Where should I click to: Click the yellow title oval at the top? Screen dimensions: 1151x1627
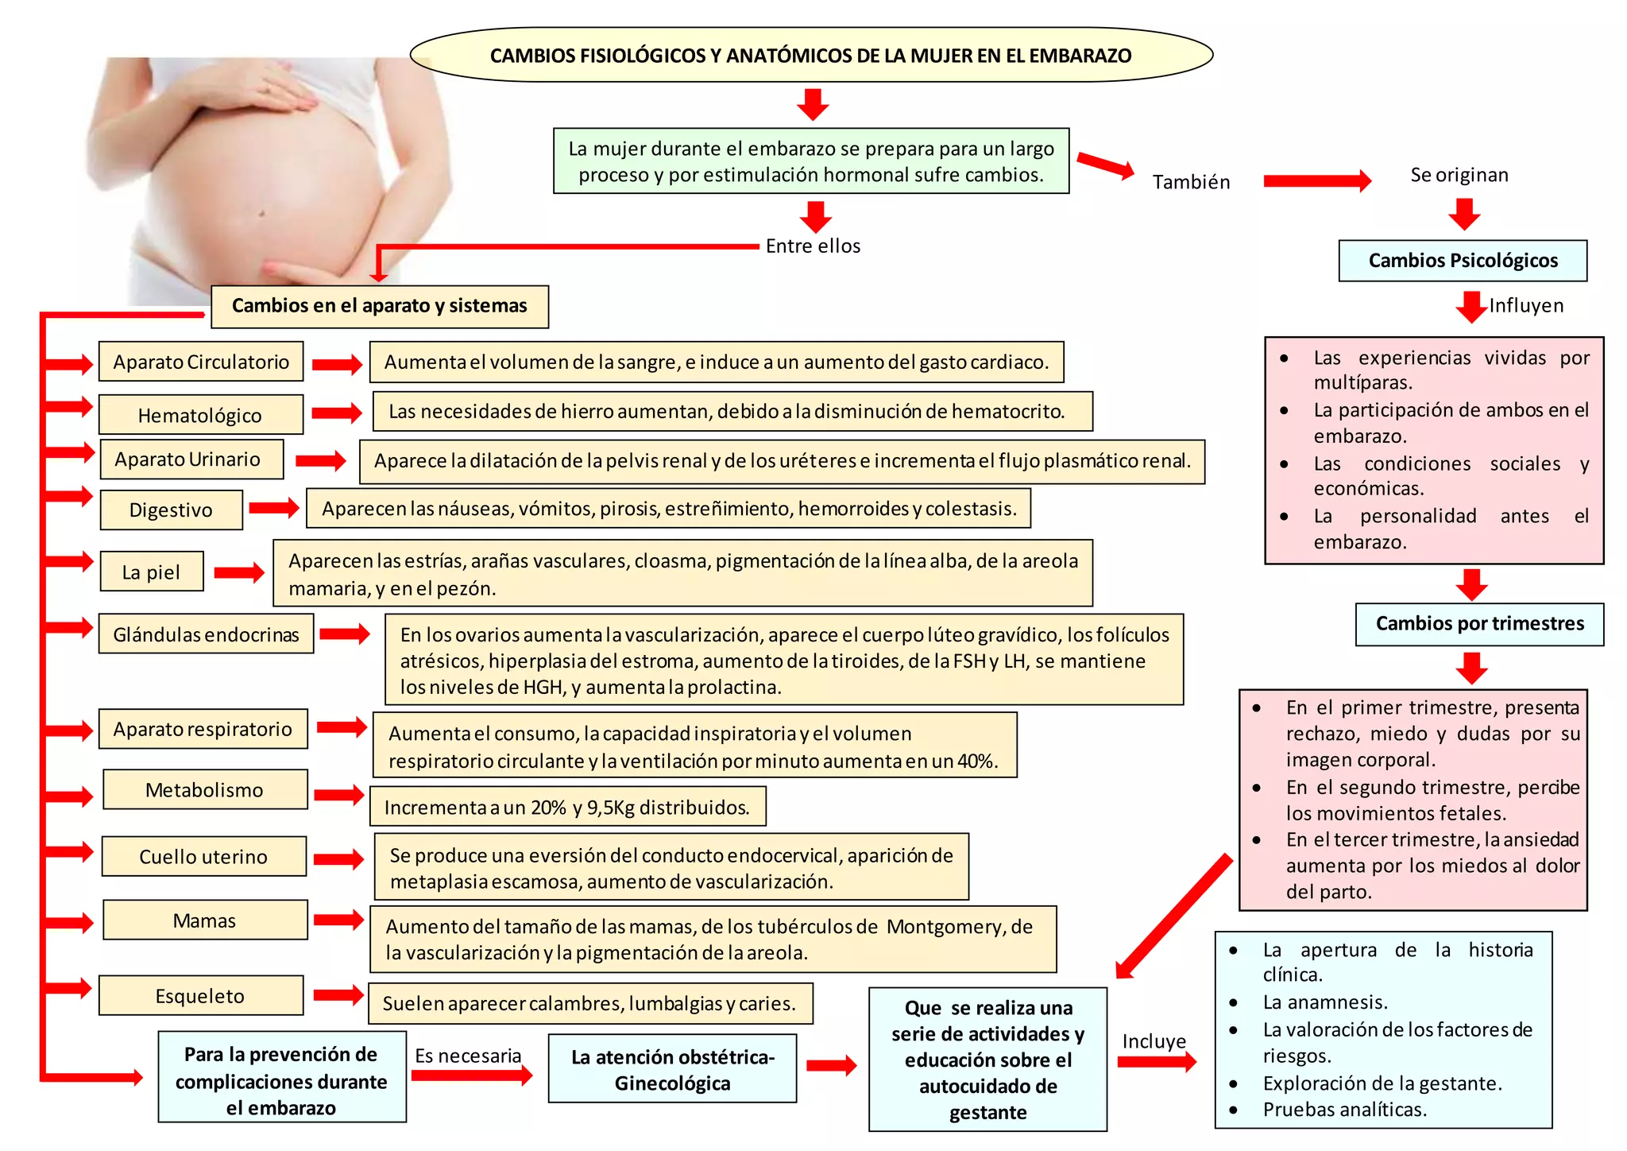click(x=811, y=55)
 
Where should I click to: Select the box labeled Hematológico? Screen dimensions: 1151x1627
click(x=200, y=415)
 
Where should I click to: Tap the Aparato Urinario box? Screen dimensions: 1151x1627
click(x=191, y=459)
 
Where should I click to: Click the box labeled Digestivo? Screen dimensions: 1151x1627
click(x=171, y=510)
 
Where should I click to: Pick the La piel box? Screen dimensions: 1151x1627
click(x=151, y=572)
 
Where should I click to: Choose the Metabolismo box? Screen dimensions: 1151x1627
click(x=204, y=789)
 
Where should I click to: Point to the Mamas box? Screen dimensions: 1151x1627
click(x=204, y=920)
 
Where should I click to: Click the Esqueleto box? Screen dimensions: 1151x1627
click(x=200, y=995)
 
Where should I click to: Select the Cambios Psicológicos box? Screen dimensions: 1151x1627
click(x=1463, y=261)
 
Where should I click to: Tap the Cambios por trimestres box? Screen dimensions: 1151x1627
click(x=1479, y=624)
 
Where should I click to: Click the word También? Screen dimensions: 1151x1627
click(x=1191, y=182)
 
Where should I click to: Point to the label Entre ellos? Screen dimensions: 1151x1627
click(x=813, y=246)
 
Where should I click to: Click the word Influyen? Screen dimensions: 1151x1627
click(x=1526, y=305)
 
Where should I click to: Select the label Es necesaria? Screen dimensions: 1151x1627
click(x=468, y=1056)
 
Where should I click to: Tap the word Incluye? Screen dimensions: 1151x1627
click(x=1154, y=1041)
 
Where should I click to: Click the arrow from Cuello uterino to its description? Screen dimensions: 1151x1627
click(x=338, y=858)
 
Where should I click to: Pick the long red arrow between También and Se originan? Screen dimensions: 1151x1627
click(x=1316, y=181)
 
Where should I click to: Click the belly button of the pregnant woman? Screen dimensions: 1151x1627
click(x=261, y=213)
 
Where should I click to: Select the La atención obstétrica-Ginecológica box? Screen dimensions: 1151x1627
click(x=672, y=1069)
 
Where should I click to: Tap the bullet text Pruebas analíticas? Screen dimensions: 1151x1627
click(x=1344, y=1109)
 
